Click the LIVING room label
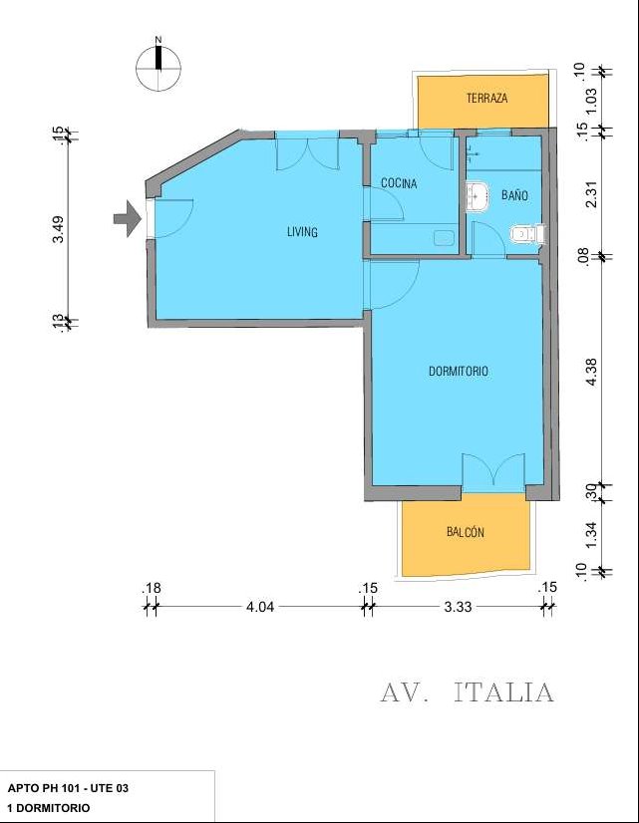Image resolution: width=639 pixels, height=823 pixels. pos(302,231)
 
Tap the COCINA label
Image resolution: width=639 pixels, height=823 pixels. pos(399,183)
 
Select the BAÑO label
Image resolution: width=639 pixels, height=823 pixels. pos(514,195)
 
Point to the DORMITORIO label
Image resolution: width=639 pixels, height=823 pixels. pos(459,371)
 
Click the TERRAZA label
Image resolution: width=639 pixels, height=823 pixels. pos(487,99)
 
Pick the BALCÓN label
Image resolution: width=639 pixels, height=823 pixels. pos(466,532)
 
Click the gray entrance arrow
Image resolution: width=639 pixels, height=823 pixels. pos(128,219)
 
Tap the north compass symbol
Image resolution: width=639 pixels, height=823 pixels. pos(159,67)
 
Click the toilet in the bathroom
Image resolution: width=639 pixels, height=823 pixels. pos(527,233)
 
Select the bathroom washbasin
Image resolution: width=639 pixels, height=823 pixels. pos(477,197)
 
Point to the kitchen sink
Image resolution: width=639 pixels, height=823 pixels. pos(445,238)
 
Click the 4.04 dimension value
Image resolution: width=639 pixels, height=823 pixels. pos(260,607)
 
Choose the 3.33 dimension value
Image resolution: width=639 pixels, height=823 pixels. pos(458,607)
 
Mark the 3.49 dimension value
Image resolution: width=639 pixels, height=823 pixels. pos(60,229)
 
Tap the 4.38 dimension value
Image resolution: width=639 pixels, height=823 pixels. pos(591,373)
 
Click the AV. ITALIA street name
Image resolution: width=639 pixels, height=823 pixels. pos(467,691)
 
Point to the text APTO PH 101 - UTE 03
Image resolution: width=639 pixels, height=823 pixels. pos(68,788)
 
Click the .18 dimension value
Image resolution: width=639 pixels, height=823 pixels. pos(152,588)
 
